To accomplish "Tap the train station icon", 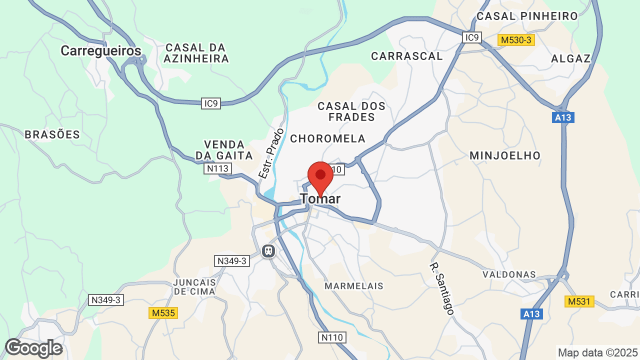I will tap(268, 250).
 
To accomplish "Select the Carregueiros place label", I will tap(101, 51).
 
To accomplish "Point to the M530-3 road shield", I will tap(516, 39).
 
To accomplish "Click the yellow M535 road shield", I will tap(163, 313).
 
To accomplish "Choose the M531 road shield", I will tap(579, 301).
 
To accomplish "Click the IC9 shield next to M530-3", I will tap(471, 37).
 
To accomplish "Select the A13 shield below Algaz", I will tap(564, 118).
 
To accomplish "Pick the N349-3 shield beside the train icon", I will tap(232, 261).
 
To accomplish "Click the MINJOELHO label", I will tap(505, 156).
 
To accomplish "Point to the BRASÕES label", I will tap(52, 134).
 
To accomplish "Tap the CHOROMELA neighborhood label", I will tap(328, 138).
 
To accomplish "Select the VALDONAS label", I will tap(509, 274).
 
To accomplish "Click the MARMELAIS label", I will tap(354, 286).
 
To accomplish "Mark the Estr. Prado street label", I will tap(271, 153).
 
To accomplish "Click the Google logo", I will tap(34, 348).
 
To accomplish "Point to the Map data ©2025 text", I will tap(597, 353).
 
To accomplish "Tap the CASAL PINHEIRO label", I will tap(527, 16).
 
